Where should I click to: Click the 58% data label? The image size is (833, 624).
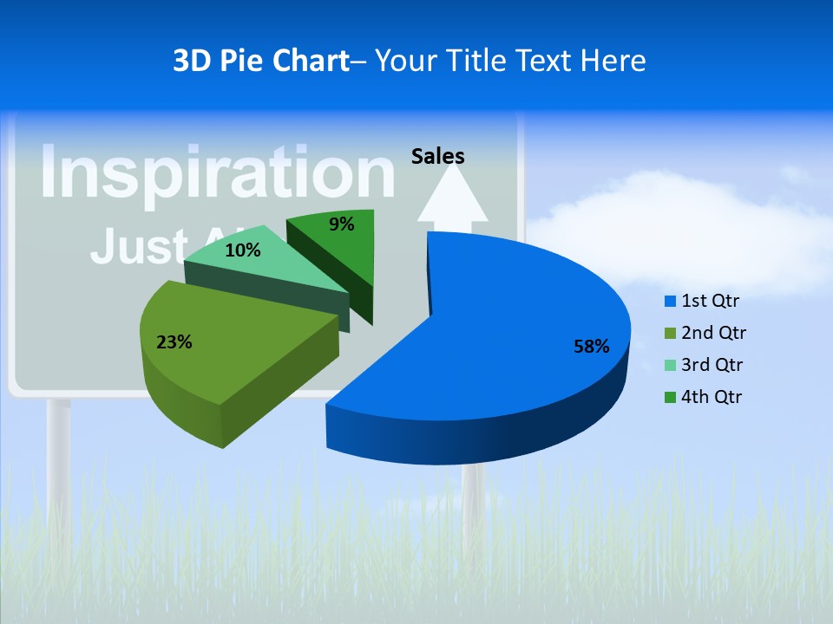point(591,347)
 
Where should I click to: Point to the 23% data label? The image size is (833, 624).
point(174,342)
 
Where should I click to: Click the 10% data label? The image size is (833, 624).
point(242,251)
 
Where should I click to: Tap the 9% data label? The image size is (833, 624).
point(342,224)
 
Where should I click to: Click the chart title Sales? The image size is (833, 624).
point(437,156)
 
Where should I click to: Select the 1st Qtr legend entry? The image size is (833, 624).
point(710,302)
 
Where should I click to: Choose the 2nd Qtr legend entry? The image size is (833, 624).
point(713,333)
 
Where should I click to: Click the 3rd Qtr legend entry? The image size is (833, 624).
point(712,365)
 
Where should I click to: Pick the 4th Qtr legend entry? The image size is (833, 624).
point(712,397)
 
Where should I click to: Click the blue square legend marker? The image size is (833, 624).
point(670,302)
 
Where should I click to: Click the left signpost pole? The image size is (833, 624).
point(59,459)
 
